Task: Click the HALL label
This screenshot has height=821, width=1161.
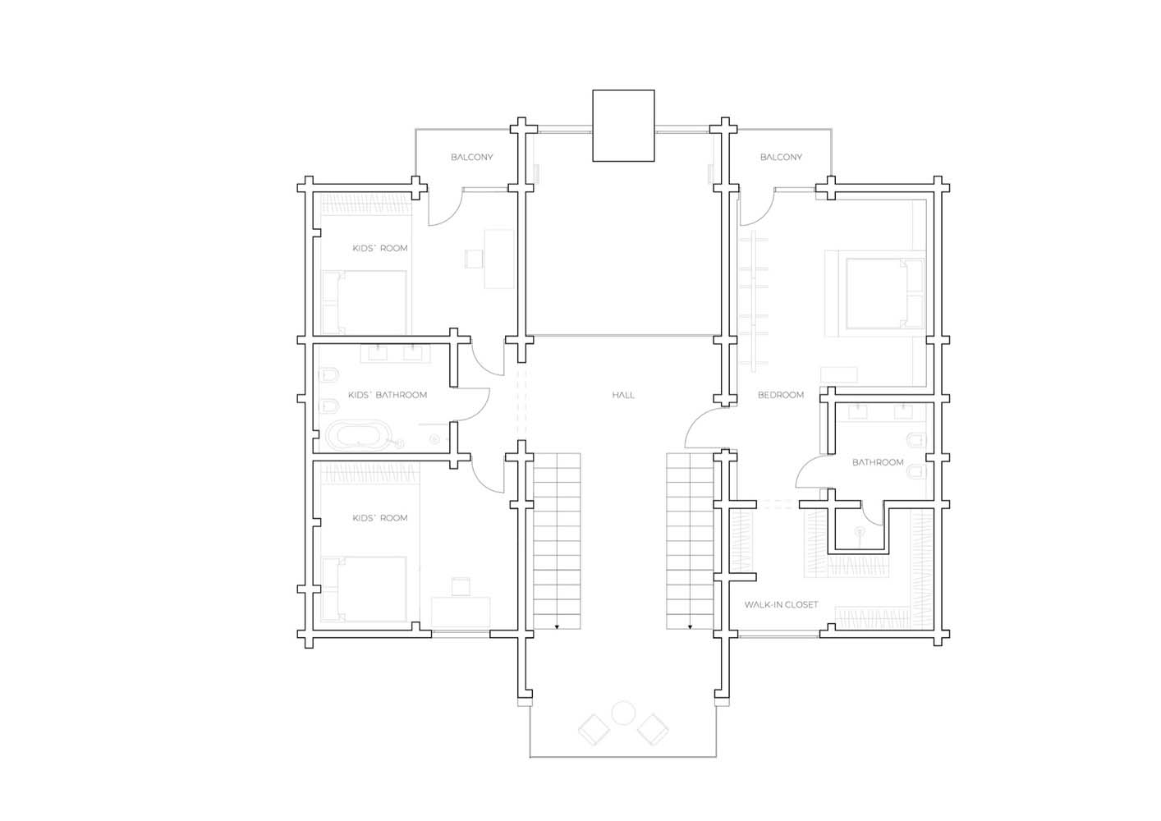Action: click(x=623, y=395)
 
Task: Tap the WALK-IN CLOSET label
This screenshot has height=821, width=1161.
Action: click(x=781, y=604)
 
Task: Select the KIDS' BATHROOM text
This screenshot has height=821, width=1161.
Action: click(x=388, y=395)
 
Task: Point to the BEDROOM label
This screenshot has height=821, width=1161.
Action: click(x=781, y=395)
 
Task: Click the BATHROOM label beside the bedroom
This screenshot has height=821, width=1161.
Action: click(x=878, y=461)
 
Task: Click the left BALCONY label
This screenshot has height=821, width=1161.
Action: click(x=471, y=157)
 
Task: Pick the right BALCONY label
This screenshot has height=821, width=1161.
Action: click(x=781, y=157)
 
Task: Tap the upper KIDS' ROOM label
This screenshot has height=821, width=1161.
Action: click(x=380, y=248)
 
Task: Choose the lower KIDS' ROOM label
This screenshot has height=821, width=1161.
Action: click(x=380, y=518)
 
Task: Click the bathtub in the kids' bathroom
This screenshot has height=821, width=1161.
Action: click(x=358, y=435)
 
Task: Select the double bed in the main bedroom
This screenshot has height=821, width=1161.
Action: click(x=885, y=294)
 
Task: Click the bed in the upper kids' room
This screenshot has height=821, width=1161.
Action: click(x=364, y=303)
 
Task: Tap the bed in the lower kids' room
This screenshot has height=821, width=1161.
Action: click(x=364, y=589)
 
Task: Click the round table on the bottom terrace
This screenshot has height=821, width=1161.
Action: click(x=623, y=713)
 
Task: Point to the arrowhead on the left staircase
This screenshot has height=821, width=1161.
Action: click(x=558, y=627)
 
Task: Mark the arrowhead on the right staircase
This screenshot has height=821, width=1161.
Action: click(x=690, y=627)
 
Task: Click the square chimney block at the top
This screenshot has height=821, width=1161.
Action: click(x=623, y=126)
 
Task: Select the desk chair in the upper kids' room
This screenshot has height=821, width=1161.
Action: click(x=474, y=259)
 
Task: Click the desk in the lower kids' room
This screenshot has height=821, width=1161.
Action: click(x=461, y=612)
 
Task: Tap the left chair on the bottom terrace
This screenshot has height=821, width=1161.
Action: click(x=594, y=730)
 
